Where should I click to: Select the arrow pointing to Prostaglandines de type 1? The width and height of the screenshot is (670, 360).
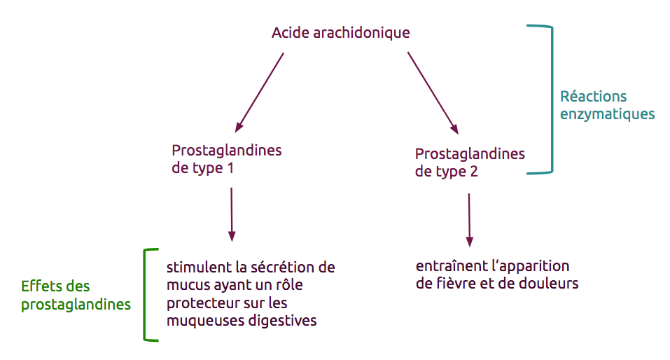pyautogui.click(x=259, y=92)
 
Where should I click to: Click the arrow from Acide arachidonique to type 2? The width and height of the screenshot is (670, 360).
pyautogui.click(x=433, y=93)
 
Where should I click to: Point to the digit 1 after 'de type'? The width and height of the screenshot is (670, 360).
pyautogui.click(x=230, y=168)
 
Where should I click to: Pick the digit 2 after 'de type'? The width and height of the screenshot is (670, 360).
pyautogui.click(x=474, y=172)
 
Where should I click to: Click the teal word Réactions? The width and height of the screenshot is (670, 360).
pyautogui.click(x=593, y=96)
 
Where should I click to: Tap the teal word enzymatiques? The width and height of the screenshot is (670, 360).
pyautogui.click(x=607, y=114)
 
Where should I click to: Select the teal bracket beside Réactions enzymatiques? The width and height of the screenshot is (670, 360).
pyautogui.click(x=552, y=99)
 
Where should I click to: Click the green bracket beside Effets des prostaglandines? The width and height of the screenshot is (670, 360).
pyautogui.click(x=145, y=295)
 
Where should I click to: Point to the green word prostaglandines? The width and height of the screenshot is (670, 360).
pyautogui.click(x=76, y=305)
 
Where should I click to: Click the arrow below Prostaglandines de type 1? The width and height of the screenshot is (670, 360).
pyautogui.click(x=232, y=214)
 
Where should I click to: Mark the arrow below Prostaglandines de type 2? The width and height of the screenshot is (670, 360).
pyautogui.click(x=469, y=220)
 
